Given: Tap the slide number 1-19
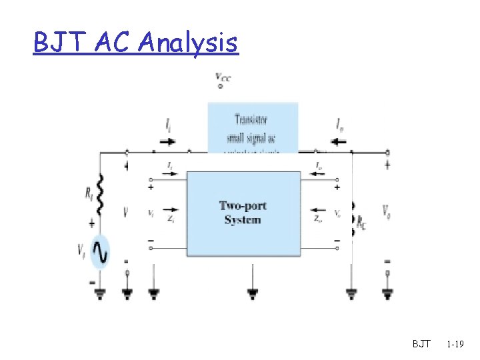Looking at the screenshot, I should (x=456, y=344).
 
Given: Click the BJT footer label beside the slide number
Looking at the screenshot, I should (x=421, y=344).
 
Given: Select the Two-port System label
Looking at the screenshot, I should (x=241, y=213).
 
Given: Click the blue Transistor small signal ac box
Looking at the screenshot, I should (x=253, y=127).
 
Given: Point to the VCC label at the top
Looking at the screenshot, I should (x=223, y=78).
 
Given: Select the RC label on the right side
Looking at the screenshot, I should (x=361, y=223).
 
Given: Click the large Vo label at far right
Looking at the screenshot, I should (x=387, y=211).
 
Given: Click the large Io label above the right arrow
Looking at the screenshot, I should (x=341, y=125).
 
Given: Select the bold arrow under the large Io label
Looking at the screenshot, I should (x=339, y=141).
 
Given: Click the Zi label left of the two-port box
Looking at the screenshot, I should (x=172, y=217).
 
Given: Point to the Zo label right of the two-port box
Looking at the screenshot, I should (x=317, y=217).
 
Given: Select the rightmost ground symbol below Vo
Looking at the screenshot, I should (x=387, y=291).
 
